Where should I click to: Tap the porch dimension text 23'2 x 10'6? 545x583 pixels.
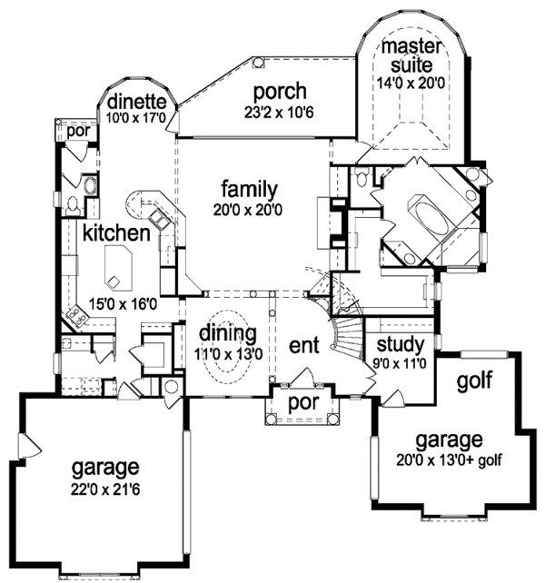coord(279,114)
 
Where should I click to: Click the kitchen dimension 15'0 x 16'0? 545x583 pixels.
coord(112,304)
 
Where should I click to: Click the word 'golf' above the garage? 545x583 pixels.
coord(473,380)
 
